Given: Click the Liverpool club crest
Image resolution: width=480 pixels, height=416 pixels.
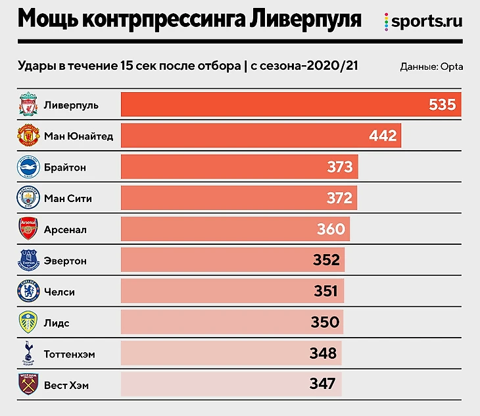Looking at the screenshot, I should coord(28,105).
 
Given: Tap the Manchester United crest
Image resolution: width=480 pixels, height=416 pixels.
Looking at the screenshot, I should coord(28,136).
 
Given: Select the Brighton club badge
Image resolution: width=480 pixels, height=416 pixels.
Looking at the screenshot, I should coord(28,167).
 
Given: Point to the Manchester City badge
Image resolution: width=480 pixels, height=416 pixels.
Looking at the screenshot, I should coord(28,198).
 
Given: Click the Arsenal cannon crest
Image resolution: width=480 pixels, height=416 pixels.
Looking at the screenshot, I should coord(28,230).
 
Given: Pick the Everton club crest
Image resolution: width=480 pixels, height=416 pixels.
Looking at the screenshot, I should coord(28,261).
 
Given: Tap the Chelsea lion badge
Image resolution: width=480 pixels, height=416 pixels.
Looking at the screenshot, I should coord(28,292).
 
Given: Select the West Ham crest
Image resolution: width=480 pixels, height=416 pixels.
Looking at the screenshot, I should coord(28,384).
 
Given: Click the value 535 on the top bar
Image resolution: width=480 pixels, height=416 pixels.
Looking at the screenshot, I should coord(442,105).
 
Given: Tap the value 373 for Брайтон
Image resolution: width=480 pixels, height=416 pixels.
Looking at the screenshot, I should coord(340,167).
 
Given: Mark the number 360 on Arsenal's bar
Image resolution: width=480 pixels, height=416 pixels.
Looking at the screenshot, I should coord(331,229).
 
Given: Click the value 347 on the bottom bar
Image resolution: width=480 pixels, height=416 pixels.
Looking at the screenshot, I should coord(322,384).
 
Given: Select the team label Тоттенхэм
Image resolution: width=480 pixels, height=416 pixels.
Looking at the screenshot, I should coord(69,354).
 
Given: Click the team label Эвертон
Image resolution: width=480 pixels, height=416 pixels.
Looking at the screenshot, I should coord(65,261).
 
